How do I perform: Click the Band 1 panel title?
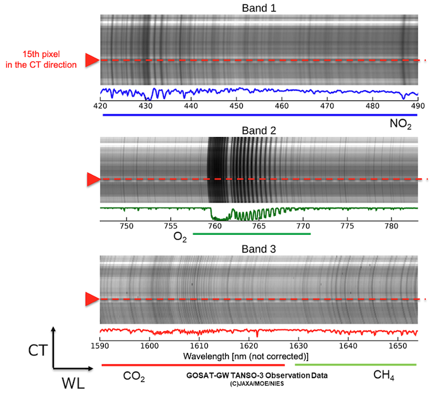tap(259, 7)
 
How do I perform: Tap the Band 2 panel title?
tap(259, 131)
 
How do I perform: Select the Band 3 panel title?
tap(259, 248)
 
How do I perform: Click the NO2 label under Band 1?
tap(401, 124)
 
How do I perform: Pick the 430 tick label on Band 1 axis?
tap(146, 106)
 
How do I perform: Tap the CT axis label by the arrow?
tap(37, 348)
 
